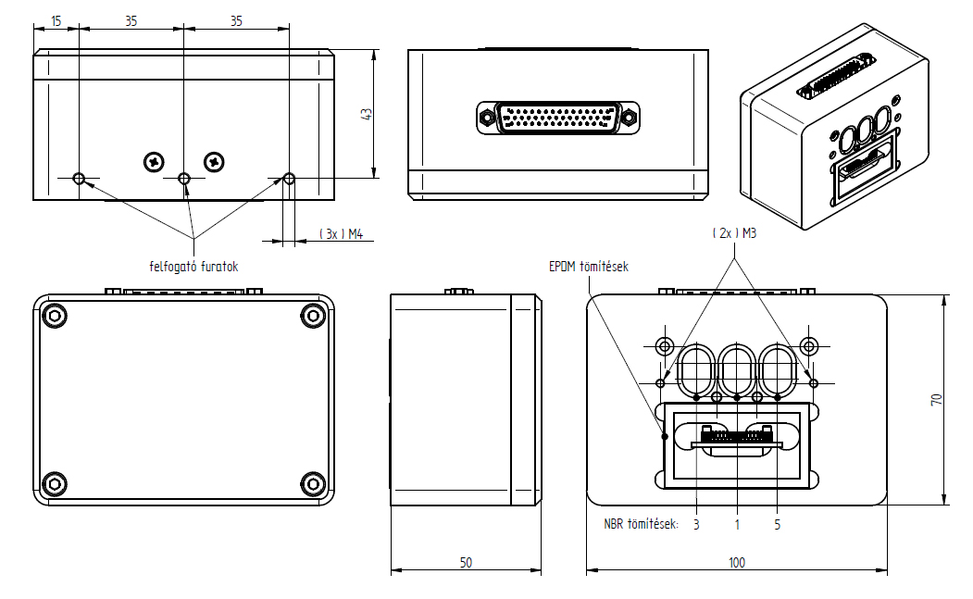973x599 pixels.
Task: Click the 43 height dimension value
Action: (367, 113)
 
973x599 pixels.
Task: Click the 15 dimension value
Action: (56, 20)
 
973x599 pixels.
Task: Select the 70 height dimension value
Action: (937, 400)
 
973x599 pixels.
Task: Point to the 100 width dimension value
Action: (737, 562)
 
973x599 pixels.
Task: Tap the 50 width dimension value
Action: (466, 562)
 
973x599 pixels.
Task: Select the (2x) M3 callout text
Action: (735, 234)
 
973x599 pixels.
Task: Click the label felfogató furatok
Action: (194, 266)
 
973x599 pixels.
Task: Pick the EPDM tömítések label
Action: (589, 267)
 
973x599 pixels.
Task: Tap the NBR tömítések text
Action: (641, 524)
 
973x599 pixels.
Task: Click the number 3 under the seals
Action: (696, 524)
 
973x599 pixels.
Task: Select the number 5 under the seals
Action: (778, 524)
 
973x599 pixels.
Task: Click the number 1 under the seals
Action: (737, 524)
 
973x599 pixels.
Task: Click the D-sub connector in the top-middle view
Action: (554, 118)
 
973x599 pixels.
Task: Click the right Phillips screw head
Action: (215, 161)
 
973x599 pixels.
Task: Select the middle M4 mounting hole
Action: (184, 178)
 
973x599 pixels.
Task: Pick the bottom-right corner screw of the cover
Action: (312, 483)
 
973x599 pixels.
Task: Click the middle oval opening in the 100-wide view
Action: (737, 368)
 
